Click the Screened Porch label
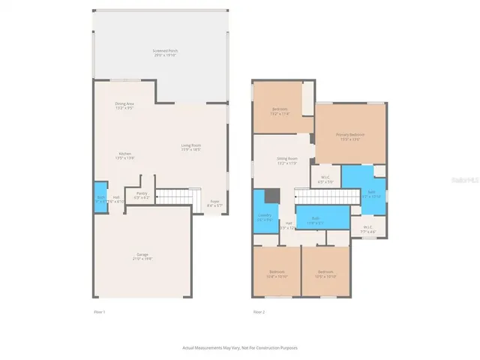point(166,52)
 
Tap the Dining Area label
point(124,106)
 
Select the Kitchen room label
point(124,156)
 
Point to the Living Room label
point(190,147)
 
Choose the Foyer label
point(214,202)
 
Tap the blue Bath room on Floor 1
point(100,199)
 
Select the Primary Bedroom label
point(350,136)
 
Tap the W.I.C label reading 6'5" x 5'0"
point(326,180)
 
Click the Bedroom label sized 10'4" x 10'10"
point(277,274)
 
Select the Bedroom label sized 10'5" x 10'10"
point(325,274)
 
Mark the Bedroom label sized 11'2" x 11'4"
point(280,111)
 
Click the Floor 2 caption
point(258,312)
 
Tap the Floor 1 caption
point(99,311)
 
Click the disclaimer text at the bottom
point(240,348)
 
